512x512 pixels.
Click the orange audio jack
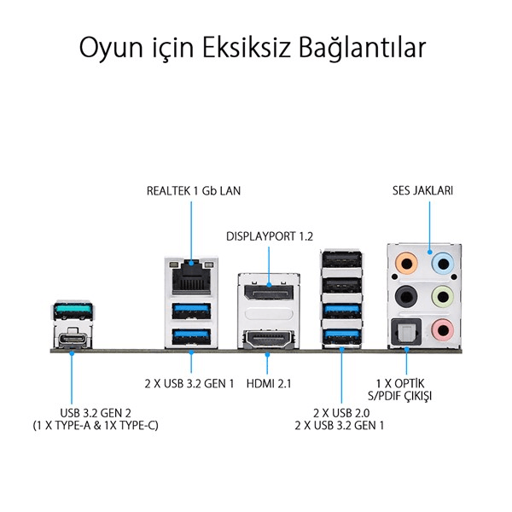(406, 263)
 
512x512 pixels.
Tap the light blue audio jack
(442, 263)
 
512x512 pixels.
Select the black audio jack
(406, 296)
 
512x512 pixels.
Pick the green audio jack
(442, 296)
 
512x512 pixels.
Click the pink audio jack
(442, 329)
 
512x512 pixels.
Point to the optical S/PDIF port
(406, 332)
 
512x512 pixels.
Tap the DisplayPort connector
(269, 292)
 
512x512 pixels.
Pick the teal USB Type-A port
(73, 311)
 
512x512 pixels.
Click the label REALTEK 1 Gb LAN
(194, 190)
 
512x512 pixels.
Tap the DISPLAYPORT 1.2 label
(270, 236)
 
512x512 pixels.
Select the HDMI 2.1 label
(269, 383)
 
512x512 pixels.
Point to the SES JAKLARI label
(422, 190)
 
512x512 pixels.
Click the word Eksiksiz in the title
(247, 48)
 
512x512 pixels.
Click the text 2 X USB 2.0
(341, 413)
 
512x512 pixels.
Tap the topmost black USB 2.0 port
(341, 260)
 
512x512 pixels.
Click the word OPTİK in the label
(409, 383)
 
